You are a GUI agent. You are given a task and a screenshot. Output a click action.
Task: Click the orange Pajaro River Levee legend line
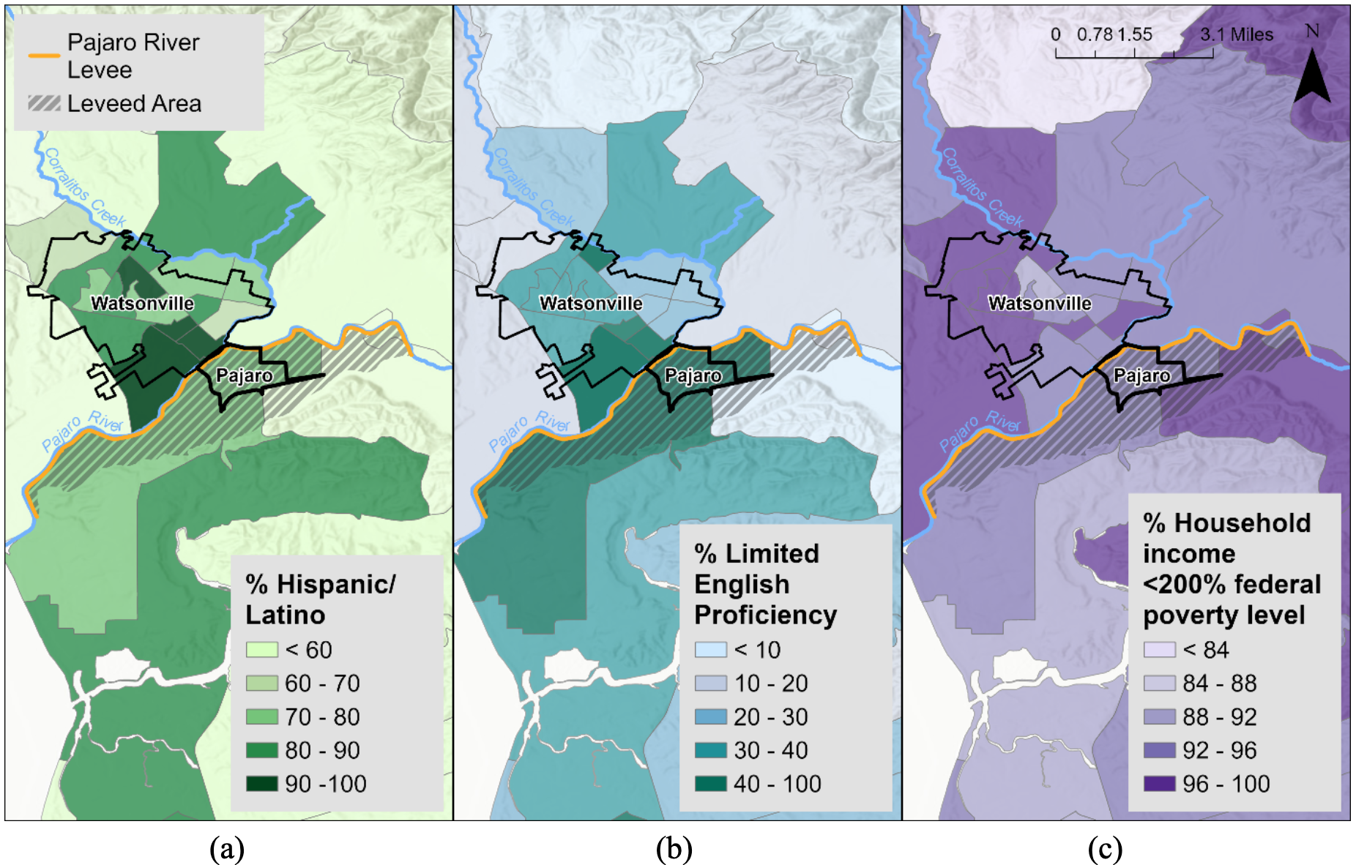tap(44, 56)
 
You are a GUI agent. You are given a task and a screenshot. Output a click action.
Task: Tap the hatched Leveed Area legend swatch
tap(44, 103)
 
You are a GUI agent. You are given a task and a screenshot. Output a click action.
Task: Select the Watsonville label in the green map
tap(142, 303)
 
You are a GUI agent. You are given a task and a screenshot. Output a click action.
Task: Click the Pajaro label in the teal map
tap(693, 375)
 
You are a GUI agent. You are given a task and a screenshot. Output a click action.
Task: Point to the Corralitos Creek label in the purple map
tap(981, 187)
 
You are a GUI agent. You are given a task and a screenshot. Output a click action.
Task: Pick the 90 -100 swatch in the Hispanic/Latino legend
tap(262, 783)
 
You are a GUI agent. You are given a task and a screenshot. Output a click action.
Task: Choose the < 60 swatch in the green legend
tap(262, 649)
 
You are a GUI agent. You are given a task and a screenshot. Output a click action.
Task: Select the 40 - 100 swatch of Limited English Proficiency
tap(710, 783)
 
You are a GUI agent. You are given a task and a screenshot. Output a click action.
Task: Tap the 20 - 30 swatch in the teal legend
tap(710, 716)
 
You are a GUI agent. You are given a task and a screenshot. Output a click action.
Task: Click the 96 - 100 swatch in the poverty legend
tap(1159, 783)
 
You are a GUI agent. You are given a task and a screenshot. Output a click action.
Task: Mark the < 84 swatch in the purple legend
tap(1159, 649)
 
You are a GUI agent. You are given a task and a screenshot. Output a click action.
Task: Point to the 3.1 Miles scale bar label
tap(1236, 34)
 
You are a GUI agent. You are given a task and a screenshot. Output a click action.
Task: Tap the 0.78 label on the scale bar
tap(1094, 34)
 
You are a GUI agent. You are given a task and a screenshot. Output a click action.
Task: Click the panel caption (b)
tap(674, 849)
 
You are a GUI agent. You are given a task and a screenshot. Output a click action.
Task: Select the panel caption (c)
tap(1104, 849)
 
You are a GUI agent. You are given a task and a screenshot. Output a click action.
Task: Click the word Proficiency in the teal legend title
tap(764, 615)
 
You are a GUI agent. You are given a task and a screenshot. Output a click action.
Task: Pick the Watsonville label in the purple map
tap(1039, 303)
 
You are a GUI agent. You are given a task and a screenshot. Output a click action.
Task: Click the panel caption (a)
tap(226, 849)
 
